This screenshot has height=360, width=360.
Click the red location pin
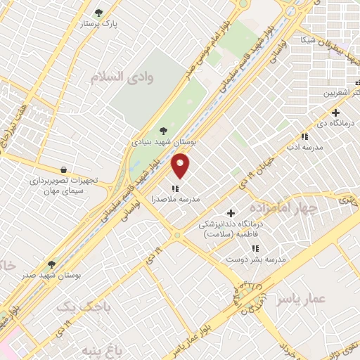click(181, 166)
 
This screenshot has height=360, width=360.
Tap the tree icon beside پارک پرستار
click(98, 12)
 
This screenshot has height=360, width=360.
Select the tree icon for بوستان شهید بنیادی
click(163, 130)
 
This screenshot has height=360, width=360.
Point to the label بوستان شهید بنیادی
click(164, 141)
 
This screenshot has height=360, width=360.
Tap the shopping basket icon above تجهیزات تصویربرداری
click(64, 169)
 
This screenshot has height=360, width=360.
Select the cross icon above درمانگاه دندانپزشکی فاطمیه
click(231, 213)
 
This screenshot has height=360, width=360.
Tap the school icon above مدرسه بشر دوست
click(255, 248)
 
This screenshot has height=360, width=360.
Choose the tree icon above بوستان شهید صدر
click(51, 264)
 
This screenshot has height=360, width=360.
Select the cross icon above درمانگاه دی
click(335, 112)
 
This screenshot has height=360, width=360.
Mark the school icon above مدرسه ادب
click(304, 136)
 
